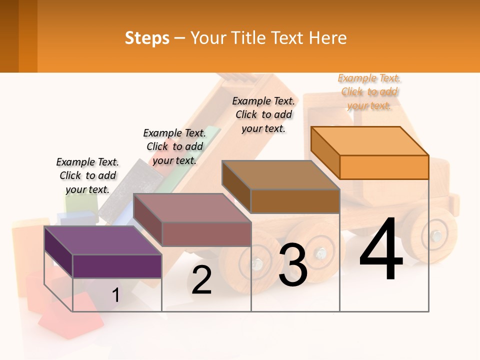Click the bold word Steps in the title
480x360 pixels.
coord(147,38)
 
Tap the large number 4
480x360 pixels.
coord(381,251)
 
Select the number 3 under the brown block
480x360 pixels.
coord(293,265)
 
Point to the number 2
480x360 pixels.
coord(201,280)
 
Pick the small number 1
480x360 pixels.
coord(115,295)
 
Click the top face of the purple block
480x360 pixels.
coord(102,240)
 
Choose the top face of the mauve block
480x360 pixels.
coord(192,208)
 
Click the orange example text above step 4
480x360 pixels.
coord(369,91)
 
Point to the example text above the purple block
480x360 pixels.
coord(87,175)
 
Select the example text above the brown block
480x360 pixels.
coord(263,114)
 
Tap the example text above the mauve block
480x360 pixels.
coord(174,146)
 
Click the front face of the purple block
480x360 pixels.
coord(117,266)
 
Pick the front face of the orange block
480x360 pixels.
coord(384,167)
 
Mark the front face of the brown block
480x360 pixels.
coord(295,201)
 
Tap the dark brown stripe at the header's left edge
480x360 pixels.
coord(9,36)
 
